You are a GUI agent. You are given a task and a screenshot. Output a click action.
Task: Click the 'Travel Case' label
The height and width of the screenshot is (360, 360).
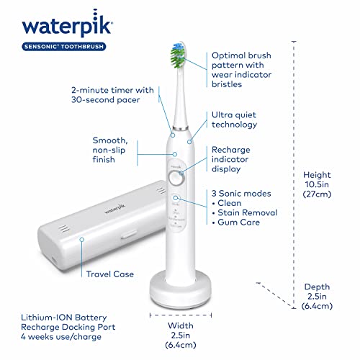click(110, 274)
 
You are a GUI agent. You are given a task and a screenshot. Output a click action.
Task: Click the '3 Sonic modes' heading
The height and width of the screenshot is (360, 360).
click(241, 193)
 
